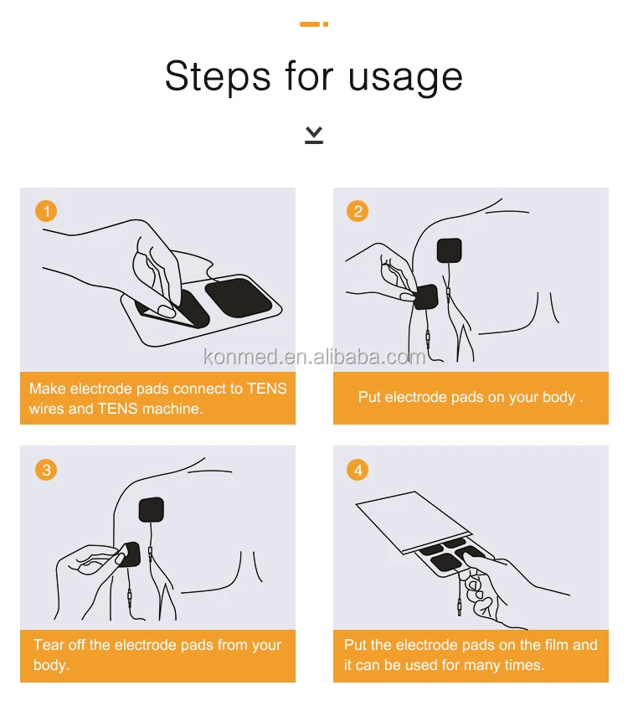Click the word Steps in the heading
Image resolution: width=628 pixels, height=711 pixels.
218,76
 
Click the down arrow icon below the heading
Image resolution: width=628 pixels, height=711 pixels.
314,135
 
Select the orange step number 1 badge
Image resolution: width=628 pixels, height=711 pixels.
46,211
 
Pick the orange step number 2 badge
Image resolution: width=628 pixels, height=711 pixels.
358,211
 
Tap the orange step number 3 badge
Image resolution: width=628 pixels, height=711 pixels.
46,470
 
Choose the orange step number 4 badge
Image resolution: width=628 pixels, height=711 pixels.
358,470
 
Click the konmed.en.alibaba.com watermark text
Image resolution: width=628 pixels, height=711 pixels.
314,358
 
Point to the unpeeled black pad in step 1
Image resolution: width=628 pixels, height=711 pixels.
239,297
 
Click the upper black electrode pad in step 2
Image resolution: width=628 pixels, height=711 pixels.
450,250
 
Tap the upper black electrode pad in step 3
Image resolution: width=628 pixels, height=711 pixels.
151,510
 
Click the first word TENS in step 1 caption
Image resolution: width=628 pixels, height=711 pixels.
266,389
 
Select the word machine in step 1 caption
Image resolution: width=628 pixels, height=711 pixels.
172,409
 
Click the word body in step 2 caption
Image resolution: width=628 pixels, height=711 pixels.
559,398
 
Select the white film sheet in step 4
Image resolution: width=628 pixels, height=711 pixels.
411,522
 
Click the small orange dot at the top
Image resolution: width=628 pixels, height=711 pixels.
326,24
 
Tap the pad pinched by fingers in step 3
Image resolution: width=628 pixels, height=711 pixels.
130,554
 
